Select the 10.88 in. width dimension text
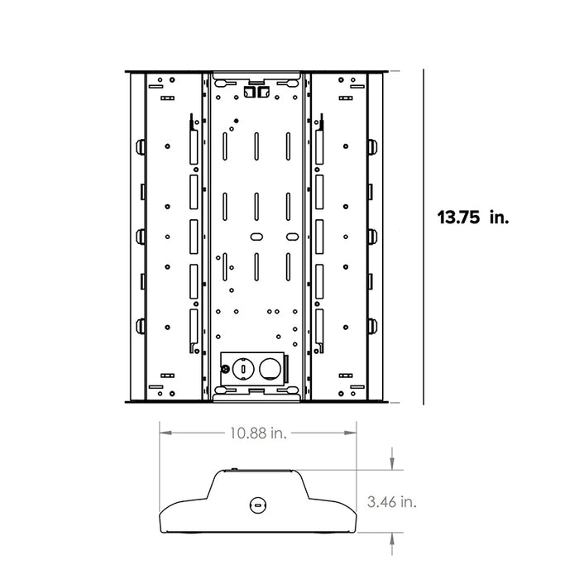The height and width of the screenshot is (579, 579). click(x=256, y=432)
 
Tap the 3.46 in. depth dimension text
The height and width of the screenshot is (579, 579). click(x=391, y=501)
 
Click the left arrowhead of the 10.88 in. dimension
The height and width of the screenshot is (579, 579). click(x=163, y=432)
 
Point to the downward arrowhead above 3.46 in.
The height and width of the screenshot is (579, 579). click(x=391, y=464)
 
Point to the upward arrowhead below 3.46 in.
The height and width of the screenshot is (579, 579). click(x=391, y=538)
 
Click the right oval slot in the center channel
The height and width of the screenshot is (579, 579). click(x=289, y=237)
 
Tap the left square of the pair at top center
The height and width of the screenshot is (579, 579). click(x=252, y=93)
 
